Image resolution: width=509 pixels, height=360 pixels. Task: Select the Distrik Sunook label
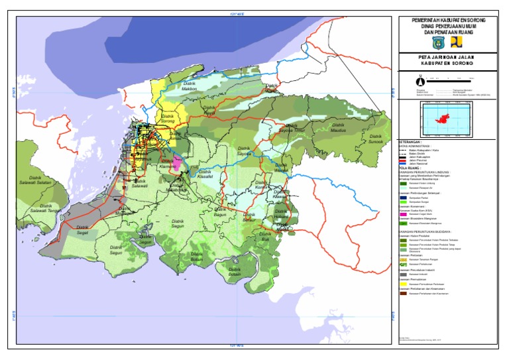tap(375, 140)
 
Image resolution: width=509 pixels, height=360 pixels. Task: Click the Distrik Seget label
tap(83, 229)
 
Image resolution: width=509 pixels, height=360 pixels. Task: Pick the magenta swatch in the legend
tap(404, 215)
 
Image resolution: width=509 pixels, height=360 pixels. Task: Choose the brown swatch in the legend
tap(404, 302)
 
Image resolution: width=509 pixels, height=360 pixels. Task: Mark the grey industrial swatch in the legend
tap(404, 274)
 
